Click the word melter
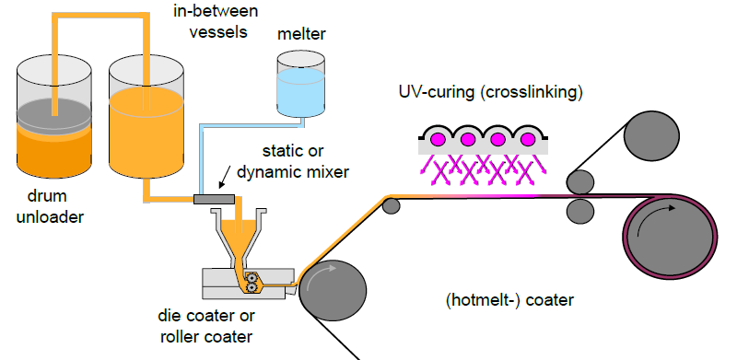[301, 34]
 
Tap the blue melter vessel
[301, 84]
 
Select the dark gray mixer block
[215, 199]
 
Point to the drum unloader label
[50, 206]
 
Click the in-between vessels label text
[216, 21]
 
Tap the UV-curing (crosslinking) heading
[491, 92]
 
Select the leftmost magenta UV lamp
[438, 139]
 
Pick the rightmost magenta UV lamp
[528, 139]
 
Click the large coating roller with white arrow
[333, 290]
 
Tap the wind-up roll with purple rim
[670, 237]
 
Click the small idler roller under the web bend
[391, 206]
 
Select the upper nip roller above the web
[580, 182]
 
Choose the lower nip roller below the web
[580, 211]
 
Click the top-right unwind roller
[651, 135]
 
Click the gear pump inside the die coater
[252, 283]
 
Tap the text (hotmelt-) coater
[509, 300]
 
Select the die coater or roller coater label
[206, 326]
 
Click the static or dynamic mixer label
[293, 162]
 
